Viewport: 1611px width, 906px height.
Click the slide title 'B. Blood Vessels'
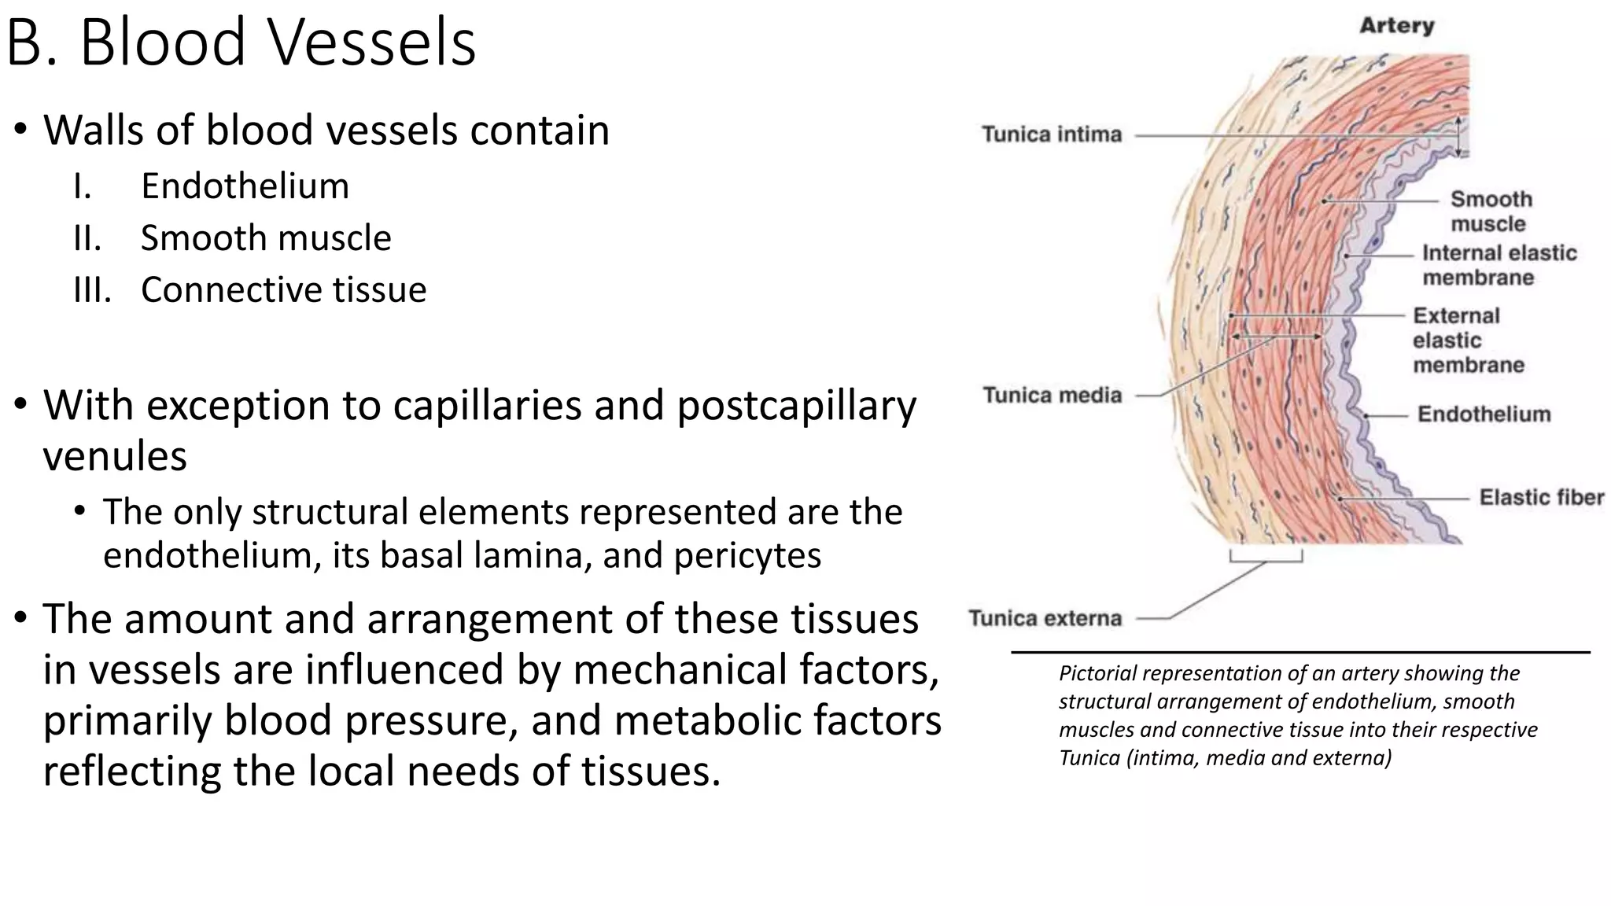241,42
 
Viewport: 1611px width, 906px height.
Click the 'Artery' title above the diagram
1397,26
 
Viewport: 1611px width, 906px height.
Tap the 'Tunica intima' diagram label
1052,134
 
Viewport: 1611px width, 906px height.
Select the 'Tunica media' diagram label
1052,395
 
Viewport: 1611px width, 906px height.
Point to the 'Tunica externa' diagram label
1045,618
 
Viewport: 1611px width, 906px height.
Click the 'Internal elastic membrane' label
1499,265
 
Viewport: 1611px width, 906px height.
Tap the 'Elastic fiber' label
1541,497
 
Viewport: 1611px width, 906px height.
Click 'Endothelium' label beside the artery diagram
1484,414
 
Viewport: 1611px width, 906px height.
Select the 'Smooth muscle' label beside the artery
1491,211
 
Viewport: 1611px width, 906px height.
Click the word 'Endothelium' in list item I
245,186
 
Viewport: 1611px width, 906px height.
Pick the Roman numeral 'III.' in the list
92,290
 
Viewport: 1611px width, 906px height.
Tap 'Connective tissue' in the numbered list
283,290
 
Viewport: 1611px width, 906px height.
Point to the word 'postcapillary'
796,406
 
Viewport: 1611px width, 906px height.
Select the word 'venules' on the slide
115,457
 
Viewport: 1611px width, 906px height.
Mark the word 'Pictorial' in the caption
1093,673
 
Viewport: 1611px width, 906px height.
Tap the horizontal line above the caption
1300,652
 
